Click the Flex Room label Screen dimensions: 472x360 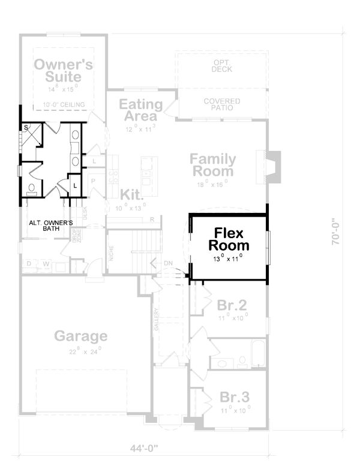(229, 239)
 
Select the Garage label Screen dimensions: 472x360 (80, 335)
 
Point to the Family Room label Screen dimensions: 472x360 (213, 165)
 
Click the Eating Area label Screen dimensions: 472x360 (140, 110)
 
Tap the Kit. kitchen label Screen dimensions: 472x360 (131, 195)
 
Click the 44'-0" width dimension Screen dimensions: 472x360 (142, 448)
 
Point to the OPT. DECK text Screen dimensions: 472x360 (221, 65)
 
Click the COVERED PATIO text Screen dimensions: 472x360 (221, 105)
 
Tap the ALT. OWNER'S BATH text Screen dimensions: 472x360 (51, 226)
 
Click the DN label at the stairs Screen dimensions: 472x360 (169, 263)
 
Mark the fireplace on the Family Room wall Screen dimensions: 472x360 (268, 167)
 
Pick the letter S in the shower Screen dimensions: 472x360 (26, 128)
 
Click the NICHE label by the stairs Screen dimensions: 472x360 (112, 255)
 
